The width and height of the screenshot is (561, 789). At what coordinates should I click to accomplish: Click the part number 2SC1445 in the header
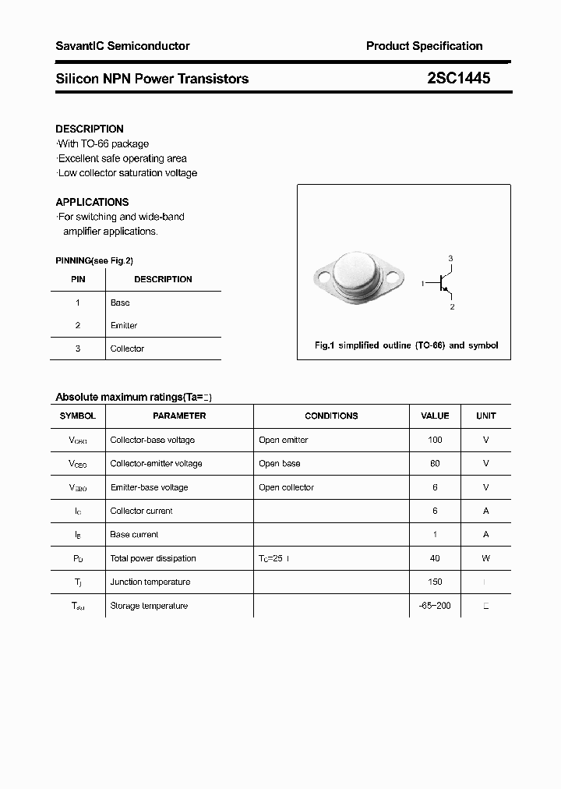click(x=458, y=78)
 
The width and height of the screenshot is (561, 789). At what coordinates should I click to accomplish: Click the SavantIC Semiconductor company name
click(x=122, y=46)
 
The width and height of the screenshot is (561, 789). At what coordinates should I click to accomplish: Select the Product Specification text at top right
click(x=424, y=46)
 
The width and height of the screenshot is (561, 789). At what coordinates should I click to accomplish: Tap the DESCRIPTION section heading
click(x=90, y=129)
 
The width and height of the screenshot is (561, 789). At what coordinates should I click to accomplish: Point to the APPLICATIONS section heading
click(x=92, y=202)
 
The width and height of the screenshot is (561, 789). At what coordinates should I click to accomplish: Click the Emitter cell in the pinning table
click(x=124, y=325)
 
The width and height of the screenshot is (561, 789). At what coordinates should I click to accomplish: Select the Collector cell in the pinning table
click(x=127, y=349)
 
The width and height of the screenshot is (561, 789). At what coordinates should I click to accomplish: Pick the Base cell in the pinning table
click(x=120, y=303)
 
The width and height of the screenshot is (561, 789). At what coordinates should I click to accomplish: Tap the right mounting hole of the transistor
click(x=395, y=275)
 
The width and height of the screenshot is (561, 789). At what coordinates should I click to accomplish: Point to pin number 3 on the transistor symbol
click(x=450, y=258)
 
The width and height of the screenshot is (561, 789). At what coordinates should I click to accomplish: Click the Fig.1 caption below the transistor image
click(x=406, y=345)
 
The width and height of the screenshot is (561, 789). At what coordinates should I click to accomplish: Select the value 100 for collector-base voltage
click(x=435, y=440)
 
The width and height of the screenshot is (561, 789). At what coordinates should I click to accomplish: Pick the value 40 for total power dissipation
click(x=435, y=558)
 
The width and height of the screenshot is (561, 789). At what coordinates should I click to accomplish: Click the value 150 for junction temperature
click(x=435, y=582)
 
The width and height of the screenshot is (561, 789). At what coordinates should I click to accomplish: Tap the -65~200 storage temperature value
click(x=435, y=606)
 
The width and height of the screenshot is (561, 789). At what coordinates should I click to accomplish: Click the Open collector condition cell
click(x=286, y=487)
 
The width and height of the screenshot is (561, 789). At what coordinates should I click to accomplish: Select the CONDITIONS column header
click(x=331, y=416)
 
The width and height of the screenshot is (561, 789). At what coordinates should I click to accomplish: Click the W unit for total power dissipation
click(x=485, y=558)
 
